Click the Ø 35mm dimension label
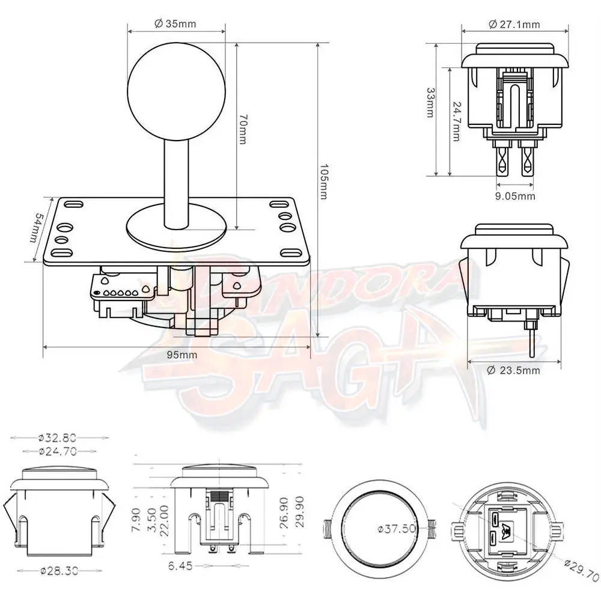pyautogui.click(x=175, y=24)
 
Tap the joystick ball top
pyautogui.click(x=176, y=92)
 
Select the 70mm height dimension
pyautogui.click(x=242, y=129)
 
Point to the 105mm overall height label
pyautogui.click(x=323, y=182)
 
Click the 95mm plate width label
pyautogui.click(x=182, y=355)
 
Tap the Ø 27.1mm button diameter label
pyautogui.click(x=514, y=25)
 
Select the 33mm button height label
pyautogui.click(x=431, y=102)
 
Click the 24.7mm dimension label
pyautogui.click(x=457, y=121)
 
